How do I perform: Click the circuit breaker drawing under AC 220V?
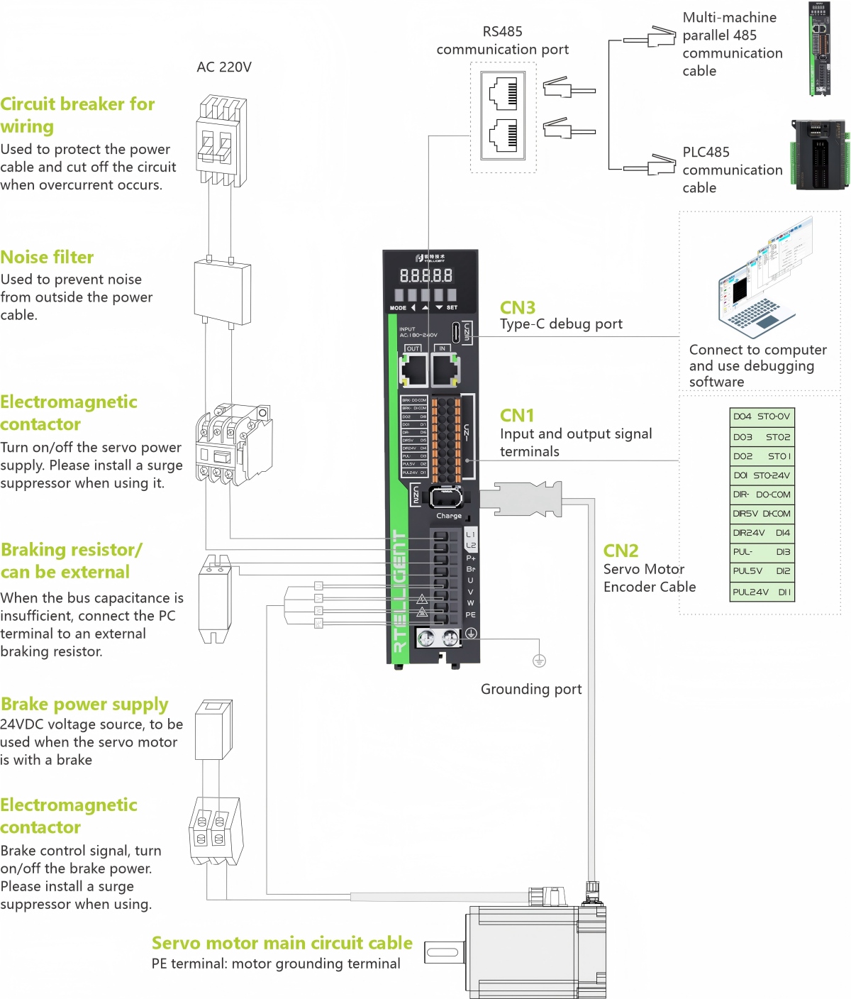pos(221,142)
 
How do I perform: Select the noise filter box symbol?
pos(222,292)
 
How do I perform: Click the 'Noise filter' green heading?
pos(47,258)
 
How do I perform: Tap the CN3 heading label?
pos(517,308)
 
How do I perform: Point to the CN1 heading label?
pos(516,416)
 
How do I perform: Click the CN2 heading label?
pos(621,551)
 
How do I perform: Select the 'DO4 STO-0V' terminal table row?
pos(762,417)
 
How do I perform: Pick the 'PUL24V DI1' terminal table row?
pos(762,592)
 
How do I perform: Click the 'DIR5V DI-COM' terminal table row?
pos(762,514)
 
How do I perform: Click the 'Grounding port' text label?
pos(530,690)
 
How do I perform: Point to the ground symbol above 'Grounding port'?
pos(539,661)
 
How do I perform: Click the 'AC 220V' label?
pos(224,67)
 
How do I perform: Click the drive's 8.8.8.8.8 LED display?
pos(425,276)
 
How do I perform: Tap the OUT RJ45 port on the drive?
pos(413,369)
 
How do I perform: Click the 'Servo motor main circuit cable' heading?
pos(282,943)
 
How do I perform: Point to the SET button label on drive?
pos(452,308)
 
